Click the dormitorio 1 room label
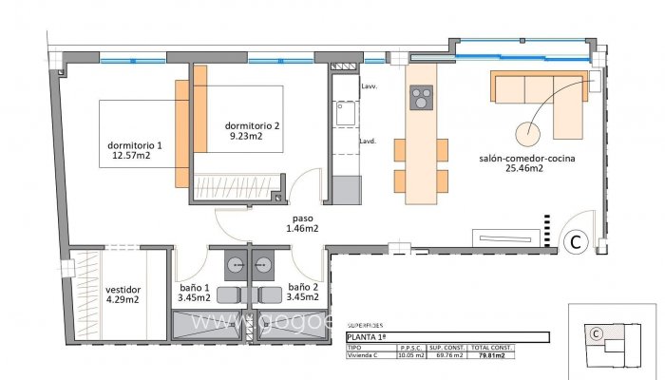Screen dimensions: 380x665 click(x=134, y=150)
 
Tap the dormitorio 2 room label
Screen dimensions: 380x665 click(x=252, y=131)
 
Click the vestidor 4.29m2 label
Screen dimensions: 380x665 click(x=123, y=294)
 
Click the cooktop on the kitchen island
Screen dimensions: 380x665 click(x=420, y=97)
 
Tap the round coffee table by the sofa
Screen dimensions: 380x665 click(x=529, y=133)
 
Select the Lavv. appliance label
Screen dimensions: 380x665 click(x=370, y=86)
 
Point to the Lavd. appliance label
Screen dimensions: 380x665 click(x=368, y=142)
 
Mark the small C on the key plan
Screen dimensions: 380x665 click(x=595, y=333)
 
